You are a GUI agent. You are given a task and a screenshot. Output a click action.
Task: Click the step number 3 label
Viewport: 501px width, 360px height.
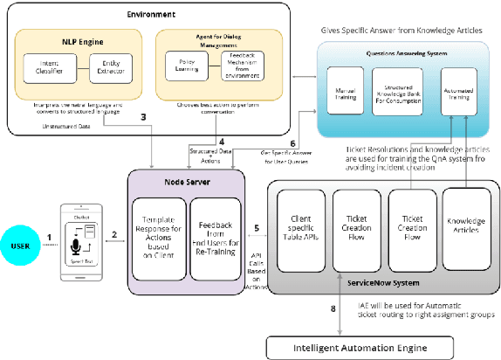[x=142, y=116]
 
